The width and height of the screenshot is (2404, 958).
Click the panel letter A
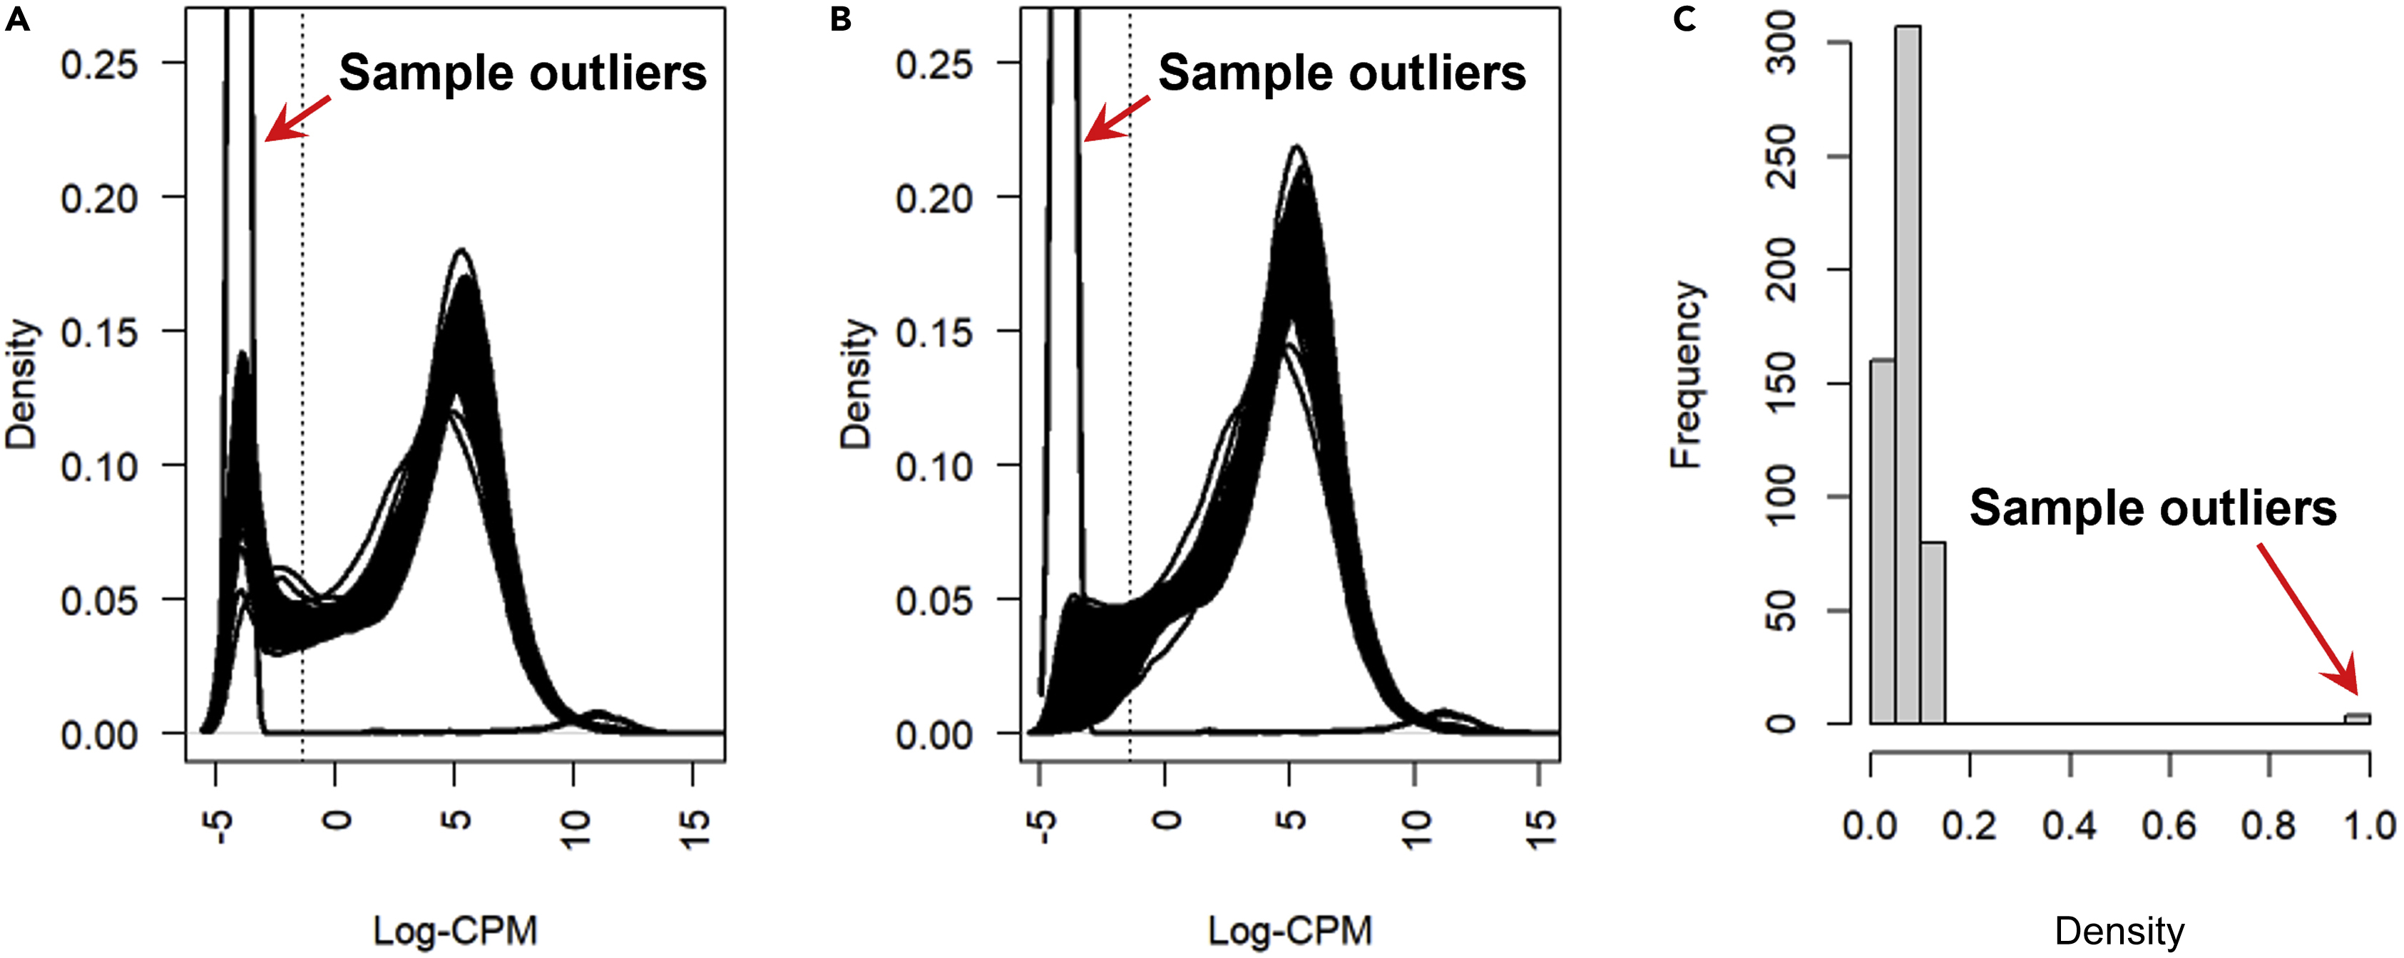pos(17,19)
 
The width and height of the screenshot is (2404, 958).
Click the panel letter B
pos(841,19)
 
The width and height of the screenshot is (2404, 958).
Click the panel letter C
pos(1684,19)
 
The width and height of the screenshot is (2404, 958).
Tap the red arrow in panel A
pos(297,118)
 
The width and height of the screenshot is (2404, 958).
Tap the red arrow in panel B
pos(1116,118)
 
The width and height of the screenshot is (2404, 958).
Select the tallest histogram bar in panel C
pos(1908,373)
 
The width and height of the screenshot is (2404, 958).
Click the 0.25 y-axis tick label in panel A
pos(99,66)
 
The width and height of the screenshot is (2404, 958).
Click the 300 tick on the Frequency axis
pos(1781,43)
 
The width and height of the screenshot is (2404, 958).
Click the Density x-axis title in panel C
pos(2119,930)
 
